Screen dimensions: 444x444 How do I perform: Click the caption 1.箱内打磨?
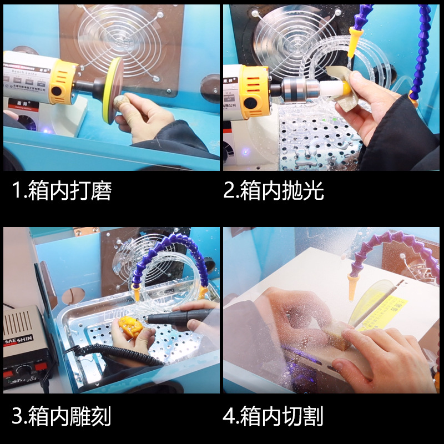point(62,191)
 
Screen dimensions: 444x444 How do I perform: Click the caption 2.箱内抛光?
point(274,191)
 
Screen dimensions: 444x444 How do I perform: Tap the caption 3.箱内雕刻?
point(62,416)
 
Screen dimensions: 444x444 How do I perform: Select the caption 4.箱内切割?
point(274,416)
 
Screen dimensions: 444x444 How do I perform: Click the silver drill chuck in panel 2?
point(297,88)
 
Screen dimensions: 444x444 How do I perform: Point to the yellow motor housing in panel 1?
point(62,83)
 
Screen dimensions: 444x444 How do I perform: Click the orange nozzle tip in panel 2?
point(352,45)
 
